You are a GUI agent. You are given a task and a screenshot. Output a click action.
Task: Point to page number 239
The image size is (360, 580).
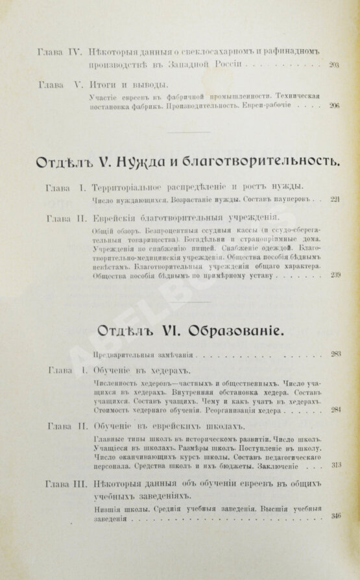click(x=335, y=276)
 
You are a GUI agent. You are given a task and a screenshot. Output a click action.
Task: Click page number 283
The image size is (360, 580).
click(x=335, y=354)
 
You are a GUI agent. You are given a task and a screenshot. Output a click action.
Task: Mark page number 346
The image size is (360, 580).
click(x=335, y=517)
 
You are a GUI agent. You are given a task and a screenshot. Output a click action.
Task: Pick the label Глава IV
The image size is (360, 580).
click(x=58, y=49)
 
